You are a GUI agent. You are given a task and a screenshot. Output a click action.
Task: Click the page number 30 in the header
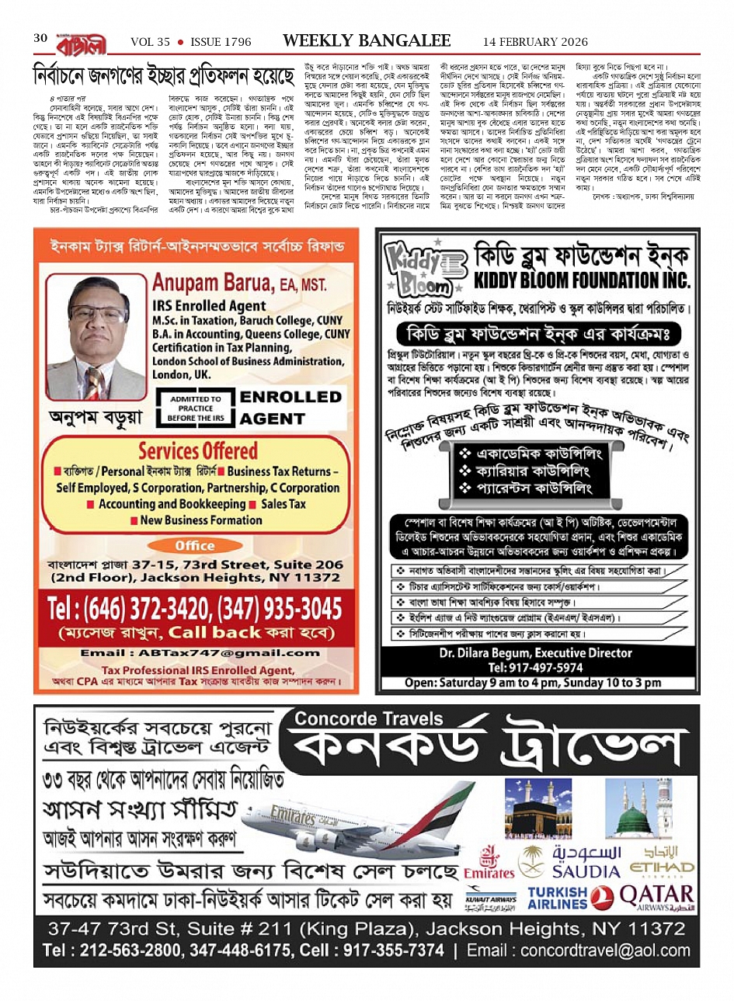[40, 38]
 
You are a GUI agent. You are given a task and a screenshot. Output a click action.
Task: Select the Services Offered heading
[197, 450]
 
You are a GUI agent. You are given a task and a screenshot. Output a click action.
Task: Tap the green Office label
[195, 545]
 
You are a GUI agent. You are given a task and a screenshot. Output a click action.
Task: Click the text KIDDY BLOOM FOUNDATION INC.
[581, 279]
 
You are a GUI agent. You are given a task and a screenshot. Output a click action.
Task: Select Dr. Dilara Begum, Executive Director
[535, 653]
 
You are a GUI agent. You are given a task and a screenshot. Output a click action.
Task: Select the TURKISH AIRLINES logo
[558, 898]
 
